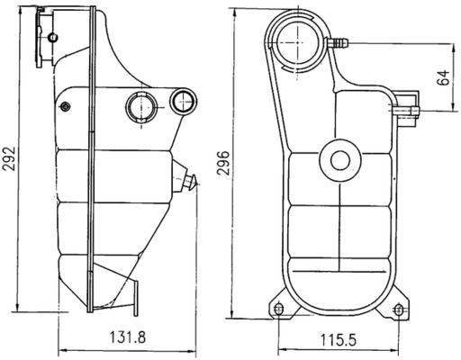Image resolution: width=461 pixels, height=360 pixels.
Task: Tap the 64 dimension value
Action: coord(443,77)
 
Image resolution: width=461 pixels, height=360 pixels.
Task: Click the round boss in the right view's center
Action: coord(340,161)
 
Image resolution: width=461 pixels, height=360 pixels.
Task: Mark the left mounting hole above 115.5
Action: coord(277,310)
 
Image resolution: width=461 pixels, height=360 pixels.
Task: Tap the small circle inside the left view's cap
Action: coord(53,36)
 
